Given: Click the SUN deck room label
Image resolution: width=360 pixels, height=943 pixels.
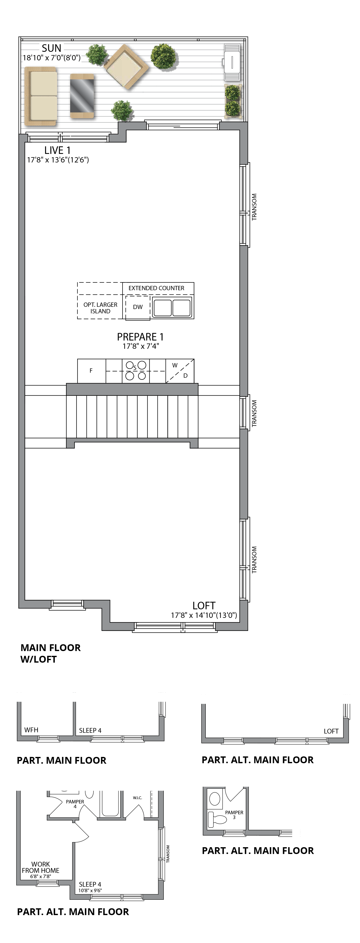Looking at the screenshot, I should click(51, 48).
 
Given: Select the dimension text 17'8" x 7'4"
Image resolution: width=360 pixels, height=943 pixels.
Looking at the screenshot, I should click(140, 346).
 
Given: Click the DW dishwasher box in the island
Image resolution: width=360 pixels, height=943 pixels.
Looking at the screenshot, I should click(138, 307).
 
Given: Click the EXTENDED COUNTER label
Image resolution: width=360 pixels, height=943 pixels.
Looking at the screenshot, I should click(156, 288).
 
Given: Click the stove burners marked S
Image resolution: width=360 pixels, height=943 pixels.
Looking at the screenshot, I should click(136, 370).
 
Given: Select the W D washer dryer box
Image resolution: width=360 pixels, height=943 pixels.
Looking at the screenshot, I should click(180, 370).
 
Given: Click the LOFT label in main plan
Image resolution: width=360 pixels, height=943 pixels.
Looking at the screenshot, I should click(204, 606).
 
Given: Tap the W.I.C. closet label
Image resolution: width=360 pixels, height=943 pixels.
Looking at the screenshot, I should click(137, 798).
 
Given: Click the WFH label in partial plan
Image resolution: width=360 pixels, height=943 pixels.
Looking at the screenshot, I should click(31, 730).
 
